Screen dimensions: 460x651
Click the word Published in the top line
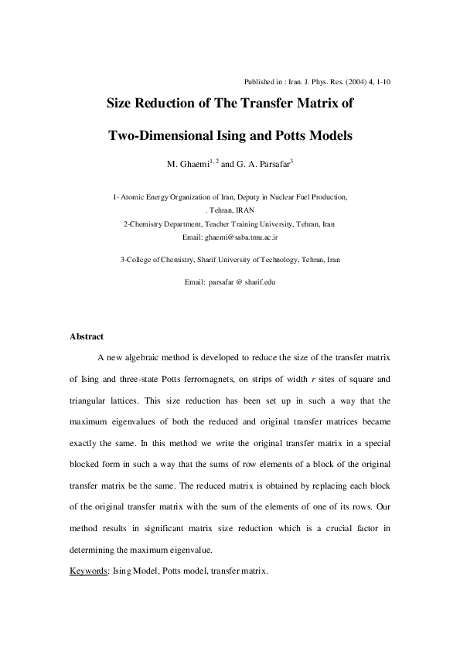[x=257, y=81]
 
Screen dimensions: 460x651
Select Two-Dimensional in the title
[x=158, y=136]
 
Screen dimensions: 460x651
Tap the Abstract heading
[x=87, y=336]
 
